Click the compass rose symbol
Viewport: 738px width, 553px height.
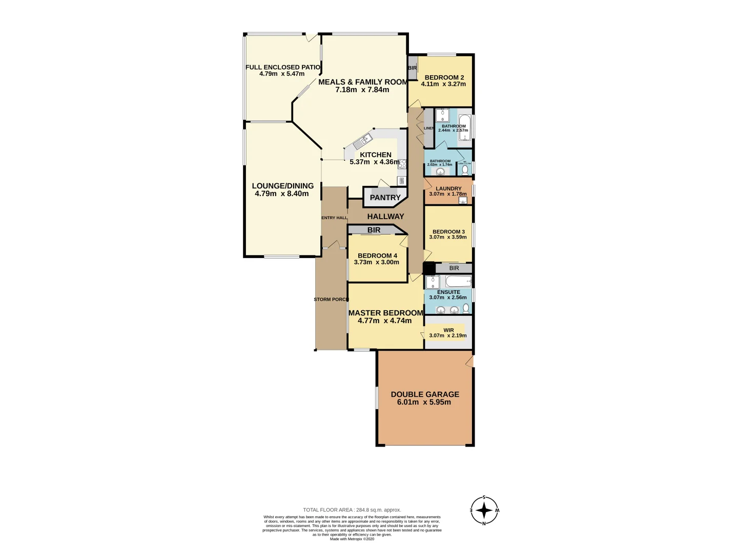click(484, 510)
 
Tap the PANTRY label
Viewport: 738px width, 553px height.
click(385, 198)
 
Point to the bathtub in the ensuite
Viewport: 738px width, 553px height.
click(458, 281)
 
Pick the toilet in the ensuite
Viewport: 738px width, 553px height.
click(466, 308)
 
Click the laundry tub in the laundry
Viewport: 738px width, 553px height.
click(462, 201)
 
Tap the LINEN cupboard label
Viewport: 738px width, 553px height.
click(429, 128)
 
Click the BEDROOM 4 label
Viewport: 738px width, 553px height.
click(377, 256)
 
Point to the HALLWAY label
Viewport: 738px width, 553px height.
click(385, 217)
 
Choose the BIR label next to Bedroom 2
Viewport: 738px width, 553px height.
click(413, 68)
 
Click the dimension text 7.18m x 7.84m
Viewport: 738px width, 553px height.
click(362, 90)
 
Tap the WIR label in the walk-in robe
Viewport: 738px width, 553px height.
click(448, 330)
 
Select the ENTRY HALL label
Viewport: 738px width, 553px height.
click(334, 218)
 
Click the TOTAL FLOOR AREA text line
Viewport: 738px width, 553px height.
click(352, 510)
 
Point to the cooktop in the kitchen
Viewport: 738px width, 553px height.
click(402, 164)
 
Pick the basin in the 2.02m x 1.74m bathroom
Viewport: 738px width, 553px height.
click(440, 172)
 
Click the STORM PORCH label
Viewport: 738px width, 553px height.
click(331, 300)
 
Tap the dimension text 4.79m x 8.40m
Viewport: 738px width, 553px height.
click(282, 194)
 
